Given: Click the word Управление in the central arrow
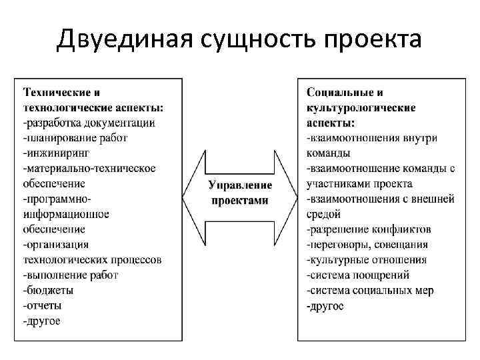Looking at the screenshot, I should (x=240, y=185).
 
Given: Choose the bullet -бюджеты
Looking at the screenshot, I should (x=48, y=291).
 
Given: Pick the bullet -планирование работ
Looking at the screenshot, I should (x=75, y=137).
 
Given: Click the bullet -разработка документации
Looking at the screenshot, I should (x=89, y=123).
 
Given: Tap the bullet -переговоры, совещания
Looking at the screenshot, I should (x=367, y=245).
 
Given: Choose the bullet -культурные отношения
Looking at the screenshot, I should (x=367, y=260).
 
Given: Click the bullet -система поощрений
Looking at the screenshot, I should (x=358, y=275).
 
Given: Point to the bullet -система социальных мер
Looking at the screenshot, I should (x=370, y=291).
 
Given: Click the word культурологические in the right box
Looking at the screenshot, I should (x=361, y=107).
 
